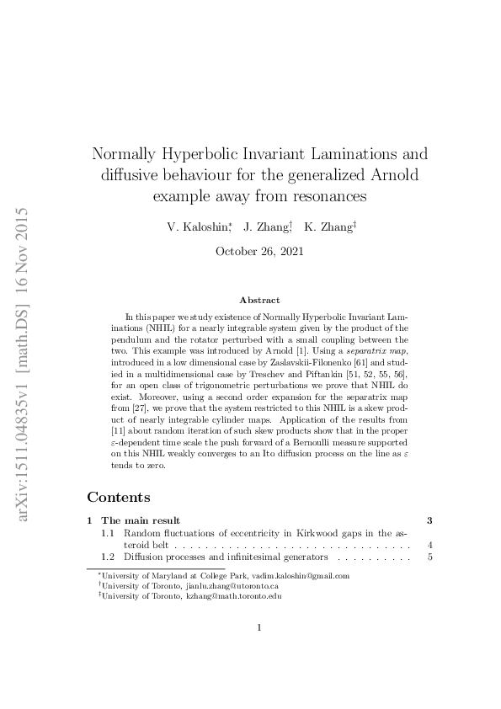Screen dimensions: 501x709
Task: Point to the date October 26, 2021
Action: tap(259, 251)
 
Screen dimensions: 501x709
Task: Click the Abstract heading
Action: tap(259, 300)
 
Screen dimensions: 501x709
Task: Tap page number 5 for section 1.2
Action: tap(429, 557)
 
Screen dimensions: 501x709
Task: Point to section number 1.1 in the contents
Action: tap(108, 533)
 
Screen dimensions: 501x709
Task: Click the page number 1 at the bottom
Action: tap(259, 649)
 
